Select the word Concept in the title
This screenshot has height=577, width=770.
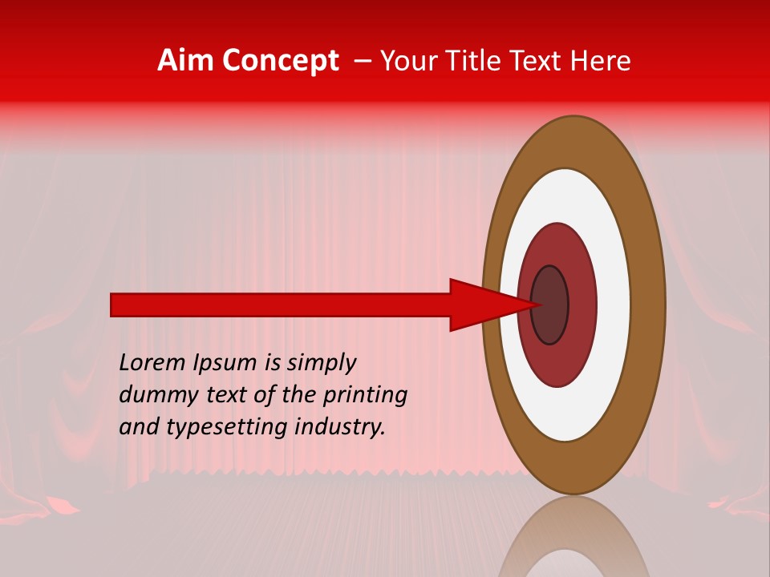(280, 61)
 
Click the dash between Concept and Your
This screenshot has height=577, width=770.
(362, 61)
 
